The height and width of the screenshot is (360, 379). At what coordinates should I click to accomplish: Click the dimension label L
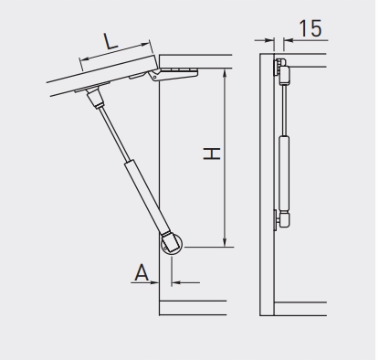[x=111, y=41]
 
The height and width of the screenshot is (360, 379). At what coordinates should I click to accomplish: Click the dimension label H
[x=212, y=154]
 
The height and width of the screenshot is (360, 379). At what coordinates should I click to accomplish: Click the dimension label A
[x=142, y=272]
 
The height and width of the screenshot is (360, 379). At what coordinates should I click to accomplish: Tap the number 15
[x=311, y=28]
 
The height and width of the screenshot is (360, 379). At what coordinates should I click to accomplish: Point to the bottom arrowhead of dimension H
[x=225, y=242]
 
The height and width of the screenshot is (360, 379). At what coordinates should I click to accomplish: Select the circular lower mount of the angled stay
[x=171, y=245]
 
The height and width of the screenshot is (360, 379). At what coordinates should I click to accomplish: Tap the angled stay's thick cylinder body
[x=147, y=197]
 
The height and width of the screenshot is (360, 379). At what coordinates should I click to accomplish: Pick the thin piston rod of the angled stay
[x=114, y=132]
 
